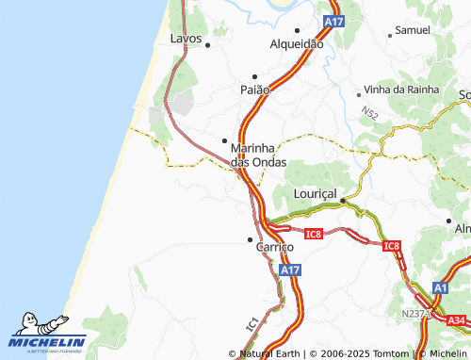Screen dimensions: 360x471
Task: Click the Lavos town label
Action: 187,39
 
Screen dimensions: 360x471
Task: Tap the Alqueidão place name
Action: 297,44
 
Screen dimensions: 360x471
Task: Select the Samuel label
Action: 413,30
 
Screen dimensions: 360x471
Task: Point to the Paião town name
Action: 255,89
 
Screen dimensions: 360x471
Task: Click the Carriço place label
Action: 276,246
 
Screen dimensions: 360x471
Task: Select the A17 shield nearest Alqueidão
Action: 333,21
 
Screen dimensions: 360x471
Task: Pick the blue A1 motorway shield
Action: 441,287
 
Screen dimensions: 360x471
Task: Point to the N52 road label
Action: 369,113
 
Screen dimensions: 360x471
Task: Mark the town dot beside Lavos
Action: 207,44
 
